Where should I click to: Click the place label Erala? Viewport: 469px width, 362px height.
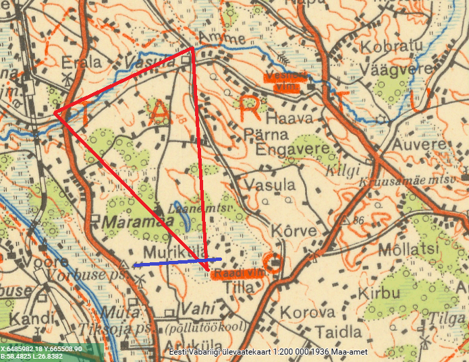pos(81,62)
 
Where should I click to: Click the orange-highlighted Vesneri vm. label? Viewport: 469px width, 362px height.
pos(285,81)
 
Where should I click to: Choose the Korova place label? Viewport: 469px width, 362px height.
pos(307,313)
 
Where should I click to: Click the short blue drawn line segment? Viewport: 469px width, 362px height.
pos(177,262)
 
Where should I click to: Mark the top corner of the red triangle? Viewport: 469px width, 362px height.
pos(193,49)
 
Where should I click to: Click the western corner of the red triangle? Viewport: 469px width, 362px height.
pos(55,113)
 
